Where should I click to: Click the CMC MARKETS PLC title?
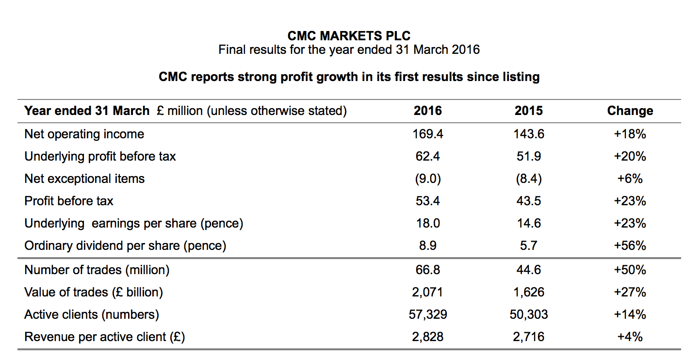(x=349, y=36)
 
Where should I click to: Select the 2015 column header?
(x=528, y=111)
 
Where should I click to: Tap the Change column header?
(x=630, y=111)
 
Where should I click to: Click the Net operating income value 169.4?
(x=427, y=134)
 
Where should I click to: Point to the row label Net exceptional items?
(x=84, y=179)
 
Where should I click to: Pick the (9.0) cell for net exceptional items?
(x=427, y=179)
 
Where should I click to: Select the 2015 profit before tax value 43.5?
(x=528, y=201)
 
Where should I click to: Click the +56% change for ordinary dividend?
(x=630, y=245)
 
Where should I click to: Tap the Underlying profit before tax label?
(x=100, y=156)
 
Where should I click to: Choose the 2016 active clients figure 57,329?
(x=427, y=314)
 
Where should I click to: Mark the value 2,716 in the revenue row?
(x=528, y=337)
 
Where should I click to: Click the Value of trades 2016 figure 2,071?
(x=427, y=292)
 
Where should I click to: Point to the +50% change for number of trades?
(x=630, y=270)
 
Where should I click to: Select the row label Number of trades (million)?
(x=97, y=270)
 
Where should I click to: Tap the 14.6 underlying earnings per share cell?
(x=528, y=223)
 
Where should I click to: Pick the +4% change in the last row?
(x=630, y=337)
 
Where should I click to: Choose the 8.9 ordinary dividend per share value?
(x=427, y=245)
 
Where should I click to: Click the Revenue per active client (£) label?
(x=105, y=337)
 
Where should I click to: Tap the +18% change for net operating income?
(x=630, y=134)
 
